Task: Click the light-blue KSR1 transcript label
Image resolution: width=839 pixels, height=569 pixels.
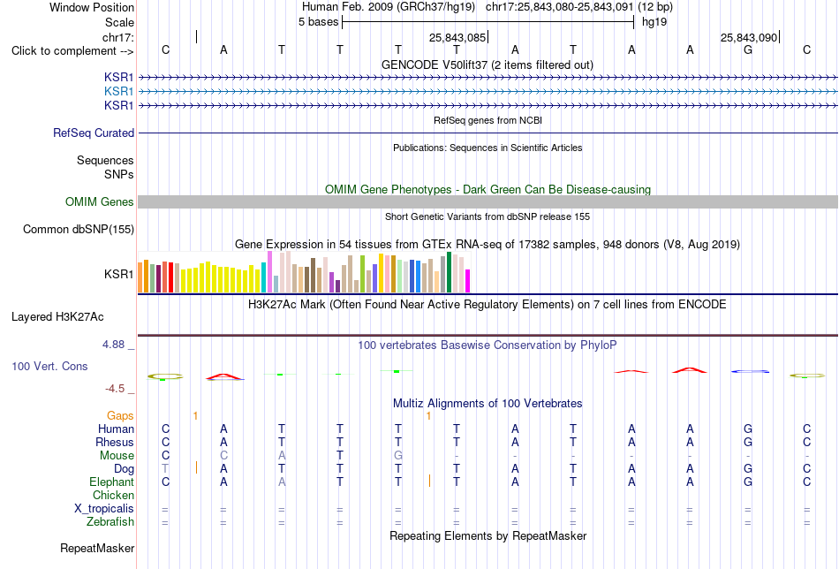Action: (x=119, y=92)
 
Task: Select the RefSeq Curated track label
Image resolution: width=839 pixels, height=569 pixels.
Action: (x=94, y=133)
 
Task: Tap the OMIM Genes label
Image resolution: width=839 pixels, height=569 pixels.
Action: (x=100, y=201)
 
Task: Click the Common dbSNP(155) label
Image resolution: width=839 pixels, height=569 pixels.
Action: (x=79, y=229)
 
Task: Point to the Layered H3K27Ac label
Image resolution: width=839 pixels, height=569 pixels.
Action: (x=57, y=317)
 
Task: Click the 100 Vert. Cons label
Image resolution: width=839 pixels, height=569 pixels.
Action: (x=49, y=366)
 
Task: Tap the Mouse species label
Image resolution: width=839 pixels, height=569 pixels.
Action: (x=117, y=456)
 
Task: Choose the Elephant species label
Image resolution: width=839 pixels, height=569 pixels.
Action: (x=112, y=482)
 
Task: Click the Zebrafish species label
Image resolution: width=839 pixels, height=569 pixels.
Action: (x=110, y=521)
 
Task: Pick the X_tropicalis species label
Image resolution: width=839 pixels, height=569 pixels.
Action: (x=104, y=509)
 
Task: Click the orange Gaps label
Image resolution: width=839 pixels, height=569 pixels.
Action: (x=120, y=415)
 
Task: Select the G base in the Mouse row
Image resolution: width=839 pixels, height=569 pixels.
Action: (x=398, y=456)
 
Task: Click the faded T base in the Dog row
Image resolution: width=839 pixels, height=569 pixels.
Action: (x=165, y=468)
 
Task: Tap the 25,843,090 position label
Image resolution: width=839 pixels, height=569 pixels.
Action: (x=749, y=37)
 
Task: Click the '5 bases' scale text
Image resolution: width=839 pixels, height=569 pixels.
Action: (x=318, y=22)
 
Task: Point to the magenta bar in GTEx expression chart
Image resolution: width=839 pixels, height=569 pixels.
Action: (x=467, y=281)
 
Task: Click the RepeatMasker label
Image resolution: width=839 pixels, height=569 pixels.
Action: (x=97, y=548)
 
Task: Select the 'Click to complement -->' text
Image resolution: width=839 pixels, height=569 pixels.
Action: (x=72, y=51)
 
